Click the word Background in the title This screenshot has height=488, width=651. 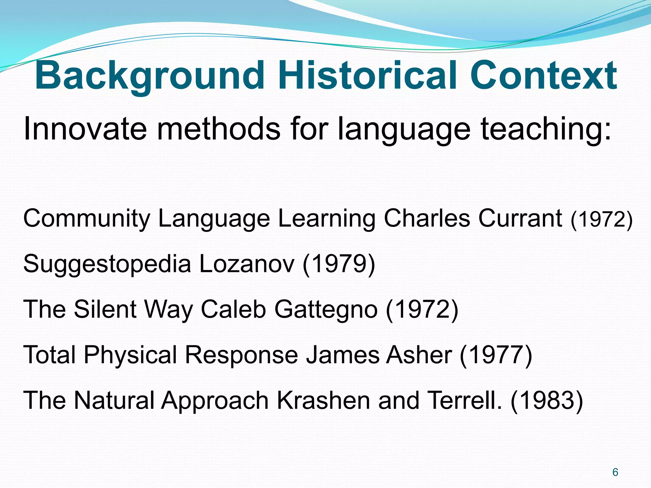(x=149, y=76)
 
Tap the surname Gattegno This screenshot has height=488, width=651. (x=326, y=310)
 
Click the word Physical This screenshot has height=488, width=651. (x=130, y=355)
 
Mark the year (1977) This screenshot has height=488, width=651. (x=496, y=355)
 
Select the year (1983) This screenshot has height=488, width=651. (x=547, y=400)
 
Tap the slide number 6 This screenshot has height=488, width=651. (x=615, y=472)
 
